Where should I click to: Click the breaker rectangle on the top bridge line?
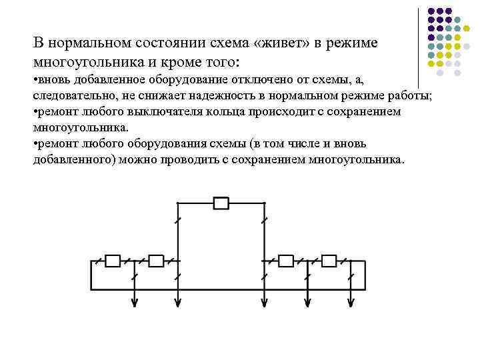(x=221, y=203)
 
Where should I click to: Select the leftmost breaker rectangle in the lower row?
(x=113, y=261)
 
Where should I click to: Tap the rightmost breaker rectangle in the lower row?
(x=329, y=261)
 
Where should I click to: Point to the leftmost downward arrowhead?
(x=135, y=303)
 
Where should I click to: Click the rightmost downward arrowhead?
(x=351, y=303)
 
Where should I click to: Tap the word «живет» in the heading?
(x=274, y=43)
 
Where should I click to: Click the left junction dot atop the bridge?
(x=177, y=203)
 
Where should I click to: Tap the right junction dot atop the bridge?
(x=265, y=203)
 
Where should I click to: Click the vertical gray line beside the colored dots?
(x=419, y=47)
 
